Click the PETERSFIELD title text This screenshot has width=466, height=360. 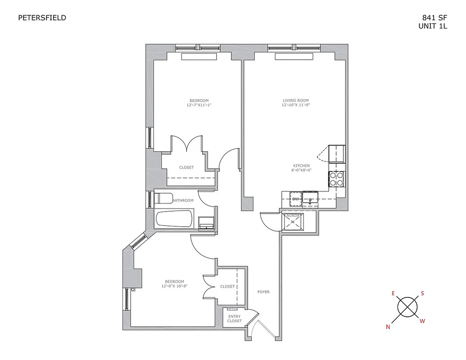(x=42, y=18)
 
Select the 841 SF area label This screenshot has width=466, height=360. (x=434, y=18)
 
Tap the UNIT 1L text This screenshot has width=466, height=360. (x=433, y=26)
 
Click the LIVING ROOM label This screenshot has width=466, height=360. (x=296, y=100)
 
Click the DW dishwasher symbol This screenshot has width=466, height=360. (x=296, y=199)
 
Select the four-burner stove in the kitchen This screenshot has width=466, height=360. (x=337, y=179)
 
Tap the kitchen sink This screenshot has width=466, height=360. (x=311, y=198)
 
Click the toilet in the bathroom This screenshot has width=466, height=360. (x=163, y=198)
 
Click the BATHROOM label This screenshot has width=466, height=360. (x=183, y=200)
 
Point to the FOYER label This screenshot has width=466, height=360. (x=263, y=292)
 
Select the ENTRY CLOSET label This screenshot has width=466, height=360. (x=234, y=319)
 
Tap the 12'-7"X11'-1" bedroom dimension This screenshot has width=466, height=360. (x=199, y=105)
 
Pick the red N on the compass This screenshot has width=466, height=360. (x=388, y=327)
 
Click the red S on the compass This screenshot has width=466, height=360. (x=422, y=293)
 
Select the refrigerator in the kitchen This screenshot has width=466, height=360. (x=337, y=154)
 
